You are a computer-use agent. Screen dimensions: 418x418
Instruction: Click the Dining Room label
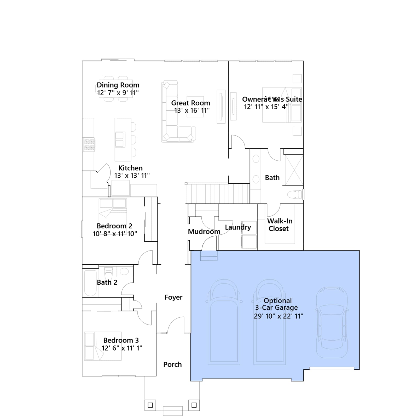tap(118, 85)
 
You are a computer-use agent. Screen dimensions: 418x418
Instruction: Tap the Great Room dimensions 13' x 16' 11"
tap(192, 111)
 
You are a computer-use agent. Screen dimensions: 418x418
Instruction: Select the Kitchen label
tap(131, 168)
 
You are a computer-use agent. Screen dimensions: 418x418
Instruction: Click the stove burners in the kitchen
tap(89, 145)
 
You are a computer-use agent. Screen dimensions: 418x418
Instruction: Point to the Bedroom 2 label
tap(114, 226)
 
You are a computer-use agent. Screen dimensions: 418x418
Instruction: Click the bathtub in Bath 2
tap(90, 283)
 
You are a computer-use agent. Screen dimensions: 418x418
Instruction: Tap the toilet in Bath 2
tap(108, 273)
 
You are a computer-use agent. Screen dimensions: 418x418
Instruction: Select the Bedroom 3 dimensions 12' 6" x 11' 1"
tap(122, 348)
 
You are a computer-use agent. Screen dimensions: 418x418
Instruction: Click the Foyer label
tap(173, 297)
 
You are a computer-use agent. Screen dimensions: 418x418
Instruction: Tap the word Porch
tap(172, 364)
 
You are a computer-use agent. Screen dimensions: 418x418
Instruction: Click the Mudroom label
tap(204, 232)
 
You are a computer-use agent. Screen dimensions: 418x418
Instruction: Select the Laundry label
tap(238, 227)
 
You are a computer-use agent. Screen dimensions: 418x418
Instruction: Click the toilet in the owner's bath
tap(294, 194)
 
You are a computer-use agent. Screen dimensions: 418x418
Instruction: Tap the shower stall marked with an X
tap(294, 170)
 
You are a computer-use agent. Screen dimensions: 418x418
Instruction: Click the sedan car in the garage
tap(332, 323)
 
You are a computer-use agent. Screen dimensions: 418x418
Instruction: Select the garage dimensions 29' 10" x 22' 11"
tap(278, 316)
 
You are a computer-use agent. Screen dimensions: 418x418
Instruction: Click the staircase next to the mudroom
tap(218, 194)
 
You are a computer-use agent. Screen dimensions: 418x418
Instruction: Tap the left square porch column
tap(150, 405)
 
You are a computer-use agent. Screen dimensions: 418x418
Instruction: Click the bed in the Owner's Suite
tap(282, 105)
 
